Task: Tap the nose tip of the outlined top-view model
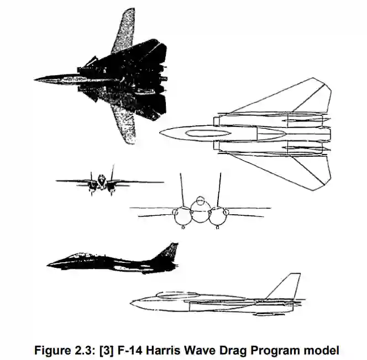coord(160,133)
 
